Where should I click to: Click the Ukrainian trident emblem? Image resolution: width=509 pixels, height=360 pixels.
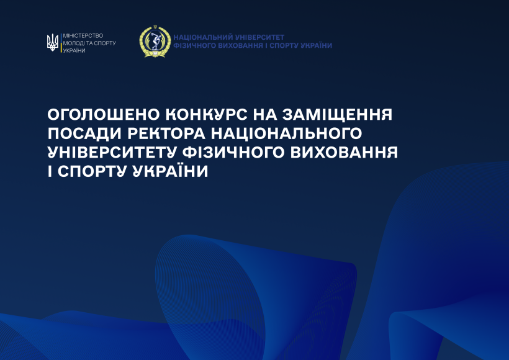tap(53, 43)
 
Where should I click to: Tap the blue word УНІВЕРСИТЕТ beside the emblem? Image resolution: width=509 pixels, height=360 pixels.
tap(259, 37)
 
